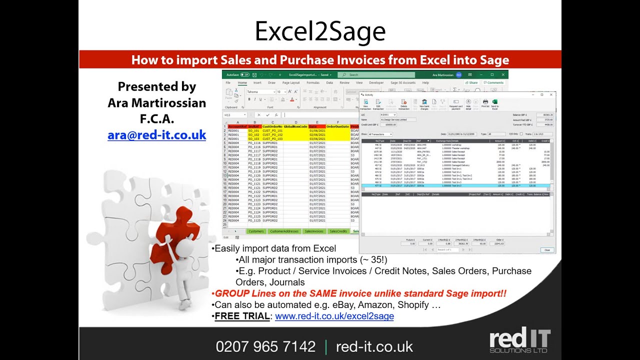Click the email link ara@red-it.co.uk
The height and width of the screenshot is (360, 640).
pos(156,135)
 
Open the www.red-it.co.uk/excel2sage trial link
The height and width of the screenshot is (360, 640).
pos(334,316)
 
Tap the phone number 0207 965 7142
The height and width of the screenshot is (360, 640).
pos(265,346)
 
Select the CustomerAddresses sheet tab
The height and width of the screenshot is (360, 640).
pos(283,231)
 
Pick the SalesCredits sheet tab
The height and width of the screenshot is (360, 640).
pos(338,231)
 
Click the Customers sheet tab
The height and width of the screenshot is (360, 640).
pos(256,231)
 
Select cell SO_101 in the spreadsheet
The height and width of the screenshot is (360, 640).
pos(254,131)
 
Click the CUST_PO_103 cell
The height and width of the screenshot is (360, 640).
pos(272,139)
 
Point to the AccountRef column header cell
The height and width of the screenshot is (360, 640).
pos(237,126)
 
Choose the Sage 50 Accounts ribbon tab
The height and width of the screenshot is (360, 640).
pos(402,83)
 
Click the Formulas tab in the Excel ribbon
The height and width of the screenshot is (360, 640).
pos(313,83)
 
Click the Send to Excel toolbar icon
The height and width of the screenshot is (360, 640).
pos(495,103)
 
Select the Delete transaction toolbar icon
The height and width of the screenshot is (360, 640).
pos(404,103)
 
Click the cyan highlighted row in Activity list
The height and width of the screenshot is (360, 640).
pos(455,185)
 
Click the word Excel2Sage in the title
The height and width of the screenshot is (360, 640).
pos(320,31)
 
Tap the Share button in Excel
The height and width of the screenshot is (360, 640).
pos(471,83)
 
